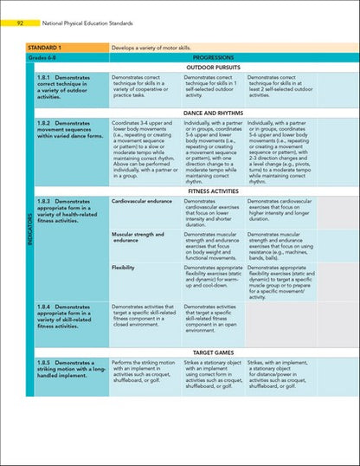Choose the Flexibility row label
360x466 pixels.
pyautogui.click(x=123, y=268)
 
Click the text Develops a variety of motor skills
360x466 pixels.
pyautogui.click(x=161, y=43)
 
